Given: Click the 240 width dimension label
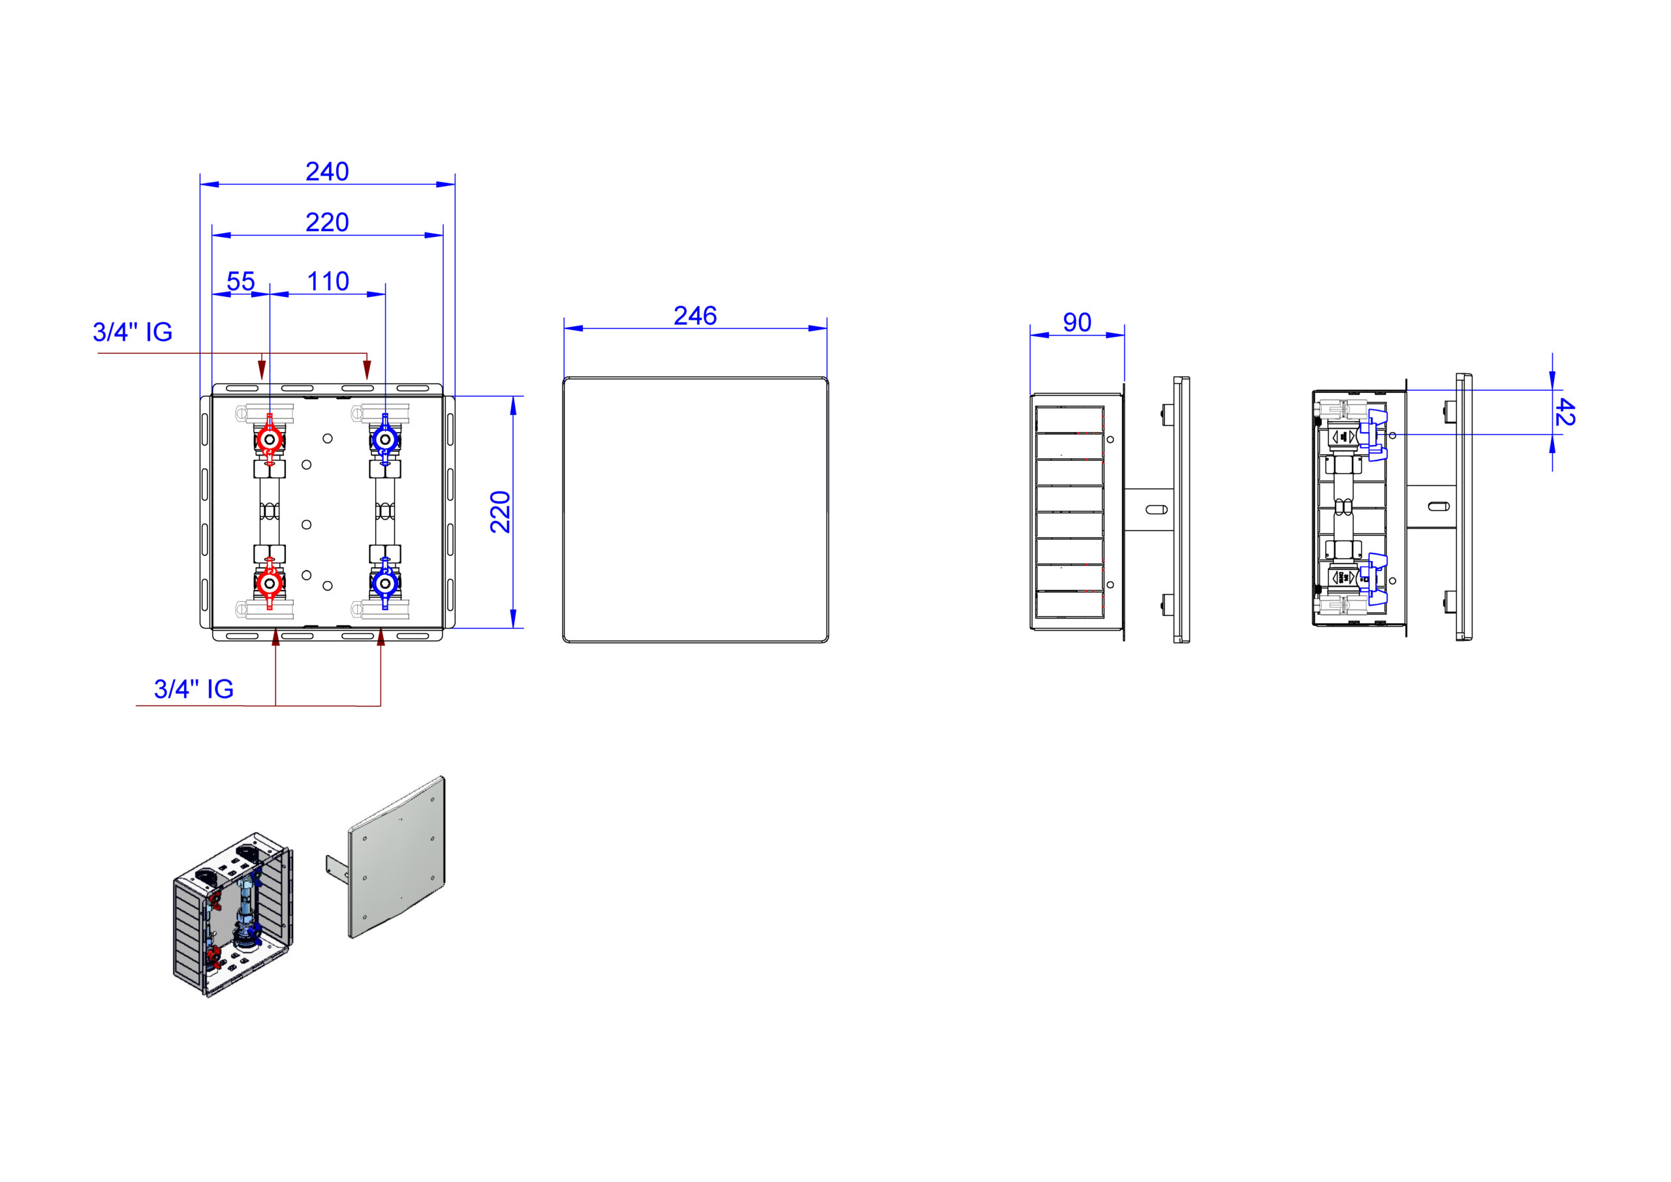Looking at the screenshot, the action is point(327,172).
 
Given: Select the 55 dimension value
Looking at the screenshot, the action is point(241,282).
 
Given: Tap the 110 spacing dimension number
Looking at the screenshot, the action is point(328,282).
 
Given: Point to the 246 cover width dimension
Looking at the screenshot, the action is point(695,316).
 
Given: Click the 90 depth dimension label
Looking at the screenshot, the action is point(1077,322).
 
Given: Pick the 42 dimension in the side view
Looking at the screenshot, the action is point(1564,412).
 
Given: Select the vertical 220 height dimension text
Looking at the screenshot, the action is point(501,512).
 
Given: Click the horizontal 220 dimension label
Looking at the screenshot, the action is point(327,223).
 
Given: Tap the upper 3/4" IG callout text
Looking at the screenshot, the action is point(133,332).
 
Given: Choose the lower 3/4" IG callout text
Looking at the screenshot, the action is point(194,689).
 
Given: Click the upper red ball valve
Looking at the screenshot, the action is point(270,440).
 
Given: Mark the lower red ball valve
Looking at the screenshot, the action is point(270,583).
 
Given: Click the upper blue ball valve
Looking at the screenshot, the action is point(385,440).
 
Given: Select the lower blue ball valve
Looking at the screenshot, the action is point(385,583).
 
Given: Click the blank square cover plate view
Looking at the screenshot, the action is point(696,510).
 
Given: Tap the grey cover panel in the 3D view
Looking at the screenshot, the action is point(398,858).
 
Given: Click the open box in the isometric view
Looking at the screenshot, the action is point(233,914).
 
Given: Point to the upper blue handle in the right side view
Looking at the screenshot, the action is point(1376,435).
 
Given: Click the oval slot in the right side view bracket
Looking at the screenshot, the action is point(1439,506).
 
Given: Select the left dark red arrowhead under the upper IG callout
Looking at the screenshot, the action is point(262,368).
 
